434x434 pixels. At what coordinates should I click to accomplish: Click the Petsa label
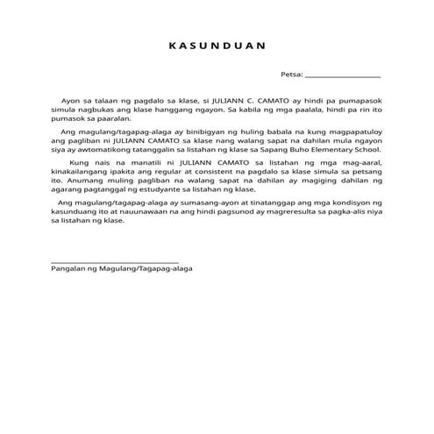coord(291,75)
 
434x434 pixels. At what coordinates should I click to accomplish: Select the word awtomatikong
coord(97,149)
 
